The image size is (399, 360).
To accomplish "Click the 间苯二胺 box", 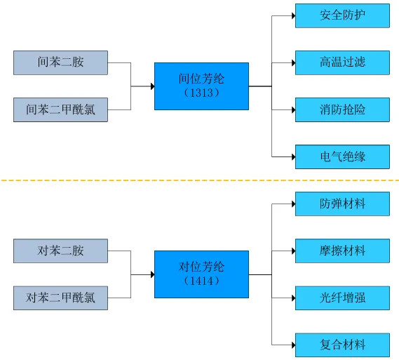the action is click(x=60, y=62).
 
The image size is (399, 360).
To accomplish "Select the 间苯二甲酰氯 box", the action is click(x=60, y=109).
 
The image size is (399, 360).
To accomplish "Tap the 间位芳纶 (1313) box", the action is click(x=201, y=86).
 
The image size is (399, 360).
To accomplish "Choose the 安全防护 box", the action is click(x=342, y=15).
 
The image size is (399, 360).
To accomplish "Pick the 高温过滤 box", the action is click(x=342, y=62).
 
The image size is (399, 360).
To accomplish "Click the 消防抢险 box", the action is click(x=342, y=109).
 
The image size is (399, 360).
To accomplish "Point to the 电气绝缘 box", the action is click(x=342, y=156).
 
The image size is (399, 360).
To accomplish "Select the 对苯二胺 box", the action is click(x=60, y=251).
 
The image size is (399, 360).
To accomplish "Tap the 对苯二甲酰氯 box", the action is click(x=60, y=298).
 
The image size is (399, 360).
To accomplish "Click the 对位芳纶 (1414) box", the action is click(x=201, y=274).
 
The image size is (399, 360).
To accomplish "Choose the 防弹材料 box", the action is click(x=342, y=204).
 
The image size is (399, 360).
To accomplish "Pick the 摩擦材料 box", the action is click(x=342, y=251).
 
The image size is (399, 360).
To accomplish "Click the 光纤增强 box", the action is click(x=342, y=298).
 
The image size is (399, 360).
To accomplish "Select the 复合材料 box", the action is click(x=342, y=345).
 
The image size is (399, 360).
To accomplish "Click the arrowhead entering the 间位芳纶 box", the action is click(x=153, y=86).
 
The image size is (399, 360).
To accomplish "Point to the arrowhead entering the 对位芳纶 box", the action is click(x=153, y=274).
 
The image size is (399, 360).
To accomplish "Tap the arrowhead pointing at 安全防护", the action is click(x=294, y=15).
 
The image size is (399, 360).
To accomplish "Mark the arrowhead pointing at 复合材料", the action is click(x=294, y=345).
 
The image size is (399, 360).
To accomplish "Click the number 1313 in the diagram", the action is click(x=201, y=93).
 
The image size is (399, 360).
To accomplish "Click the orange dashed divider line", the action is click(x=199, y=180).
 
